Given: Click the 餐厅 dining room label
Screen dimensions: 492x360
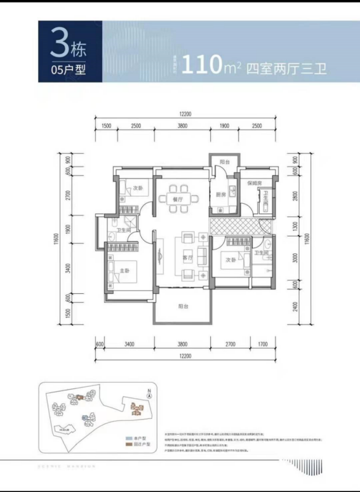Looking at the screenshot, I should click(x=178, y=199).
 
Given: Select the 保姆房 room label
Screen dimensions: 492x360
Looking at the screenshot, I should click(x=255, y=183).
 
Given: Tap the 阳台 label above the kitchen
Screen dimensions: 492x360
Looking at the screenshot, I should click(x=224, y=163).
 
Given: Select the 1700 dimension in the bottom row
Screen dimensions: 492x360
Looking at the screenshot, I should click(x=262, y=344).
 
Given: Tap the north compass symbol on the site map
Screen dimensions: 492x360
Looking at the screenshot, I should click(x=149, y=394).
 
